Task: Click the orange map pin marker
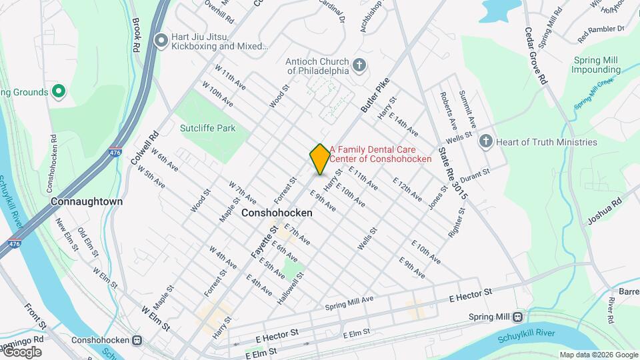pos(320,158)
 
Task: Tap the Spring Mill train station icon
pos(517,317)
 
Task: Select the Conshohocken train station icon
pos(137,339)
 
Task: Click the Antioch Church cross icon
pos(359,65)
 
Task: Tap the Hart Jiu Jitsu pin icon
pos(161,41)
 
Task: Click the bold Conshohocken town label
pos(277,213)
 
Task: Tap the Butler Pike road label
pos(374,96)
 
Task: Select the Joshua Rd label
pos(604,210)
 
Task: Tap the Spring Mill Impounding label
pos(596,65)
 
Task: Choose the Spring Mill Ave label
pos(349,303)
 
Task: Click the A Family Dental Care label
pos(381,154)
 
